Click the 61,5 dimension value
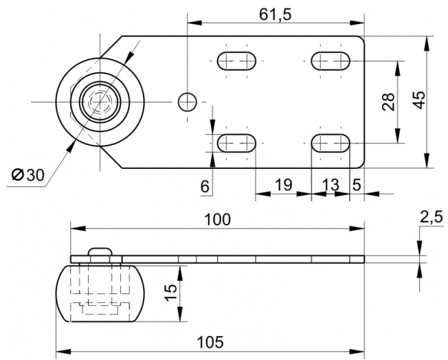pos(275,15)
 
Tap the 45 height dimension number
pos(420,100)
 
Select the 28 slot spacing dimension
pos(388,102)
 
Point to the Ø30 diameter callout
pos(28,175)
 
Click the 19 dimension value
pos(283,185)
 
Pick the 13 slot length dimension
pos(331,185)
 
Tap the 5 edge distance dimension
pos(357,185)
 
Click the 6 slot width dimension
pos(205,187)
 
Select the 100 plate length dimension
pos(217,219)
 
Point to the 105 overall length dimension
pos(210,342)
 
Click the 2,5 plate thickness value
pos(431,216)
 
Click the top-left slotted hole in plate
pos(236,61)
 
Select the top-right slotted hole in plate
pos(331,61)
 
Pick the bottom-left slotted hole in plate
pos(236,143)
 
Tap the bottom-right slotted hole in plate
pos(331,143)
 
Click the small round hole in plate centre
pos(188,102)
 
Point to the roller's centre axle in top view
pos(100,102)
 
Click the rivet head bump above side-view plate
pos(100,251)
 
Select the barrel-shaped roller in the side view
pos(100,294)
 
